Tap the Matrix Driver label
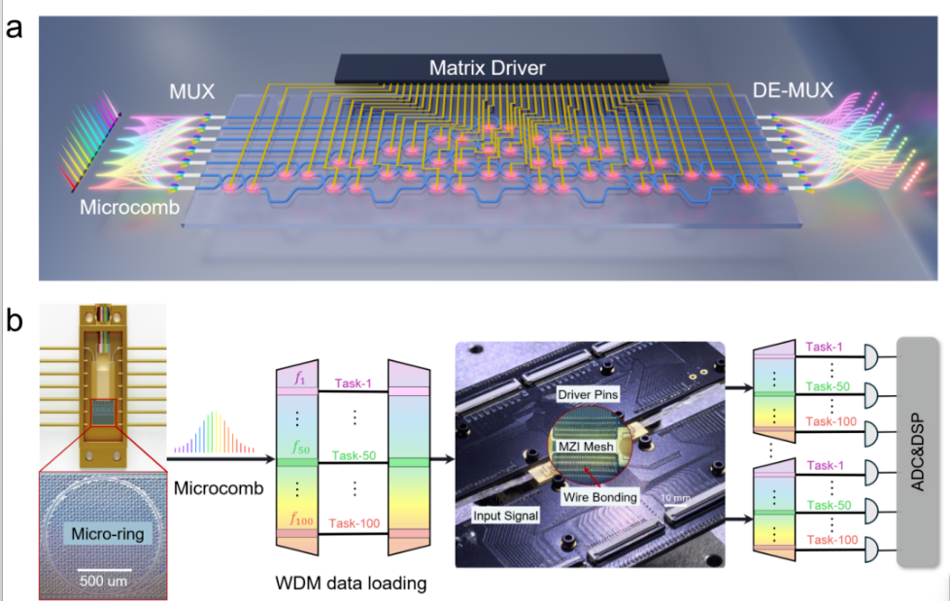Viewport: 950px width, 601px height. (501, 69)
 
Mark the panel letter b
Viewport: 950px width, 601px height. (16, 321)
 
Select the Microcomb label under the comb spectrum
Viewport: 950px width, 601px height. (219, 487)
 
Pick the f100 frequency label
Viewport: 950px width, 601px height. (302, 519)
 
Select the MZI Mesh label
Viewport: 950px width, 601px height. (586, 445)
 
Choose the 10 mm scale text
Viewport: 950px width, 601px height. (674, 498)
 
